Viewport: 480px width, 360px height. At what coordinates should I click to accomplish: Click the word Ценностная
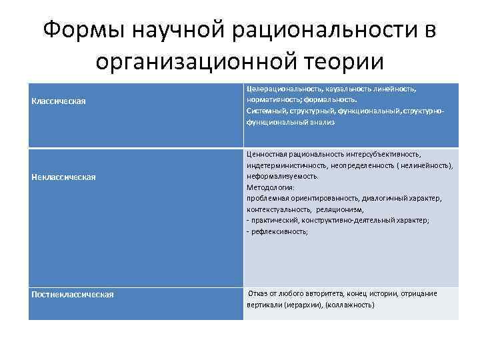click(267, 154)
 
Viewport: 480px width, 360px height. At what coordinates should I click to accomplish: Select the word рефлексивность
click(279, 231)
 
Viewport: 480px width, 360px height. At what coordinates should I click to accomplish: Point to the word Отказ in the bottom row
click(259, 294)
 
